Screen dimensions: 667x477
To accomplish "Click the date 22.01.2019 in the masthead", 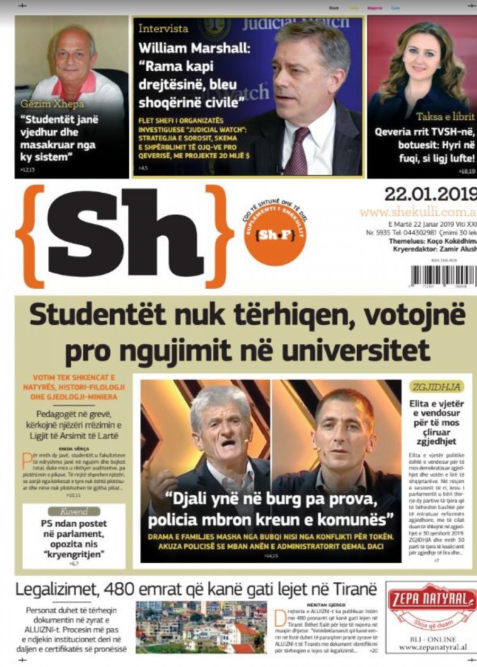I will pos(430,194).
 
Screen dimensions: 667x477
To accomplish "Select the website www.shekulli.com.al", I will pos(418,212).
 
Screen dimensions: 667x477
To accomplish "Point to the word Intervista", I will pos(163,29).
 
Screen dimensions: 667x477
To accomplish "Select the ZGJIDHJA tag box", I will pos(437,387).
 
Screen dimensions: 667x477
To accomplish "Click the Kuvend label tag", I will pos(74,512).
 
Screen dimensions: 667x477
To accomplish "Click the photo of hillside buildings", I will pos(201,627).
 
